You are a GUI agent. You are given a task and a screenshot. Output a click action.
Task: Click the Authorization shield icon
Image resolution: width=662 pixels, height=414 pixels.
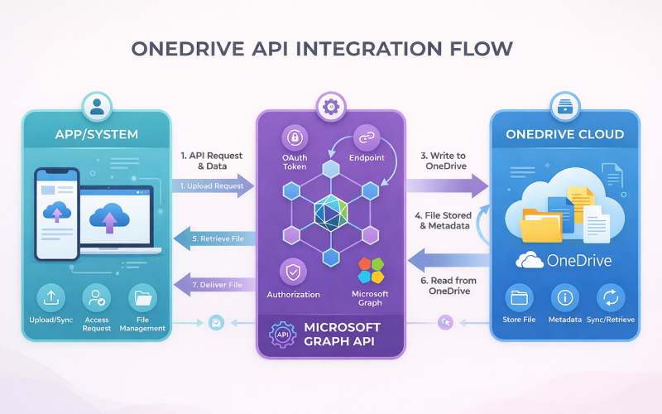point(294,271)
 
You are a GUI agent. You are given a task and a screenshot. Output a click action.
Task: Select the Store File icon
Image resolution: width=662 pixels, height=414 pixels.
point(520,298)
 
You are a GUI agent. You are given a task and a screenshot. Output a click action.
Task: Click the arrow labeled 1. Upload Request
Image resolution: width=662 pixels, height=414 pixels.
point(213,186)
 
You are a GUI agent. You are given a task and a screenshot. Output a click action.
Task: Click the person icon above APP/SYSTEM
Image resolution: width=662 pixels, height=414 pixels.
point(98,107)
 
